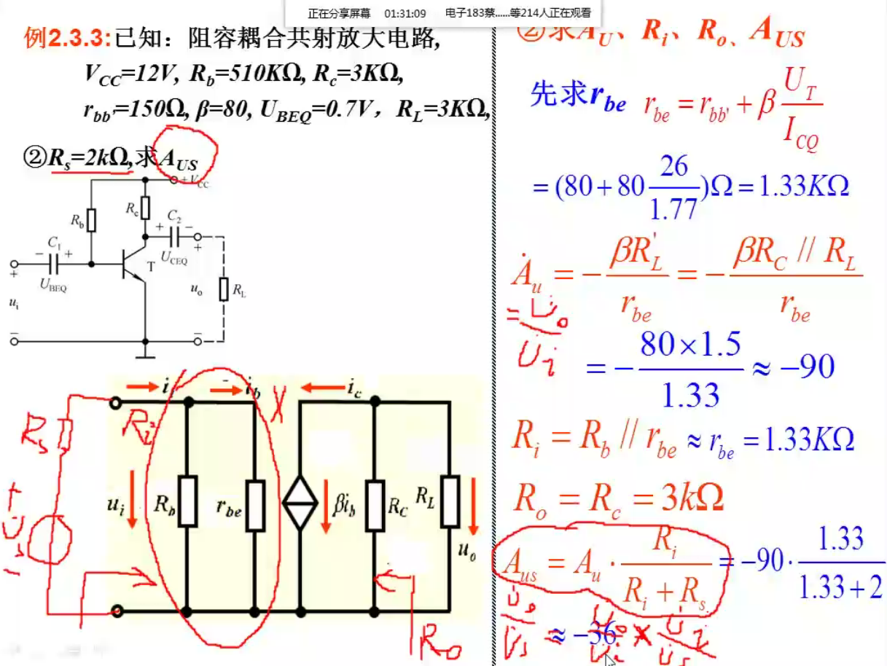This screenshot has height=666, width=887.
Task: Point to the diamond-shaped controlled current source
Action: click(x=300, y=504)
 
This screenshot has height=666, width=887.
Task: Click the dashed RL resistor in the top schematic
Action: click(x=224, y=289)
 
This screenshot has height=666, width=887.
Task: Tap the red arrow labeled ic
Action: click(x=321, y=388)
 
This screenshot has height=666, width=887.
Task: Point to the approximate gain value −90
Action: click(x=805, y=367)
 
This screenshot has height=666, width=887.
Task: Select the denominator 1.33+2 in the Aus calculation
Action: click(x=841, y=587)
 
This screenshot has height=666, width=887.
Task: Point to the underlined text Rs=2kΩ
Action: click(x=87, y=157)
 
